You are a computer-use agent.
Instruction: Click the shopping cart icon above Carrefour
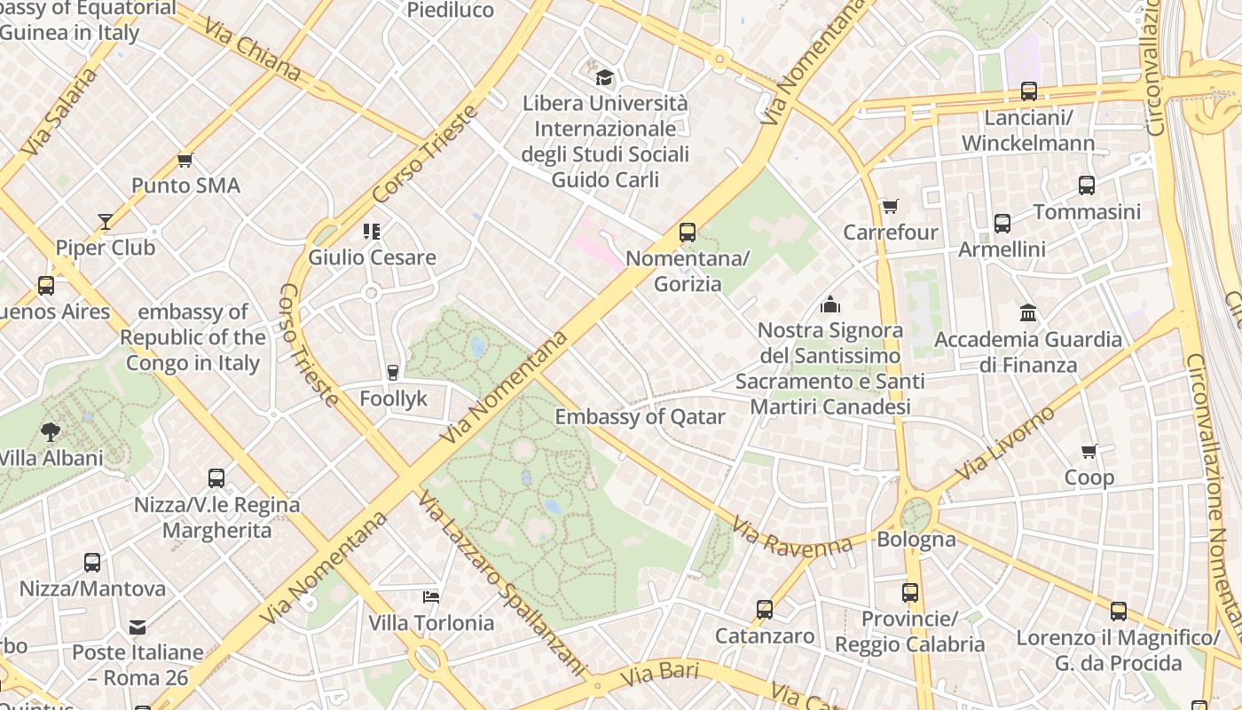(x=890, y=207)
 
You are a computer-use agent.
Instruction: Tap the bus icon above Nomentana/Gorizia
(x=688, y=233)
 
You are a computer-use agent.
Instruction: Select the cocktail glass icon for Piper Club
(x=106, y=222)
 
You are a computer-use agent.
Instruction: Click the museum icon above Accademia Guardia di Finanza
(x=1028, y=312)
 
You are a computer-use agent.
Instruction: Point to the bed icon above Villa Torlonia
(x=431, y=596)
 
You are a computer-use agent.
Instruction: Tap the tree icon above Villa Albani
(x=51, y=432)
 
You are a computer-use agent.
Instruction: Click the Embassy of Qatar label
(x=640, y=417)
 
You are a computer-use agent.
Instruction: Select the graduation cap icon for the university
(x=604, y=77)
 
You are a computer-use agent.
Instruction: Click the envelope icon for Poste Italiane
(x=138, y=627)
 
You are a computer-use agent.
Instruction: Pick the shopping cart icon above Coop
(x=1089, y=452)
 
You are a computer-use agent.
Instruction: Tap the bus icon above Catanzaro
(x=765, y=610)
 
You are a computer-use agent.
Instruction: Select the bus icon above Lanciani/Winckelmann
(x=1029, y=91)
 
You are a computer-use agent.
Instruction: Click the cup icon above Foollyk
(x=393, y=373)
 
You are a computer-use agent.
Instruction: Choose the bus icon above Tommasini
(x=1087, y=185)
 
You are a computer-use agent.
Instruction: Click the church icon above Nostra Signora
(x=830, y=304)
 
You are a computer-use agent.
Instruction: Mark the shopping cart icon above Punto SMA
(x=185, y=160)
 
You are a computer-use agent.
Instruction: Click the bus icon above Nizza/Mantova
(x=92, y=563)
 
